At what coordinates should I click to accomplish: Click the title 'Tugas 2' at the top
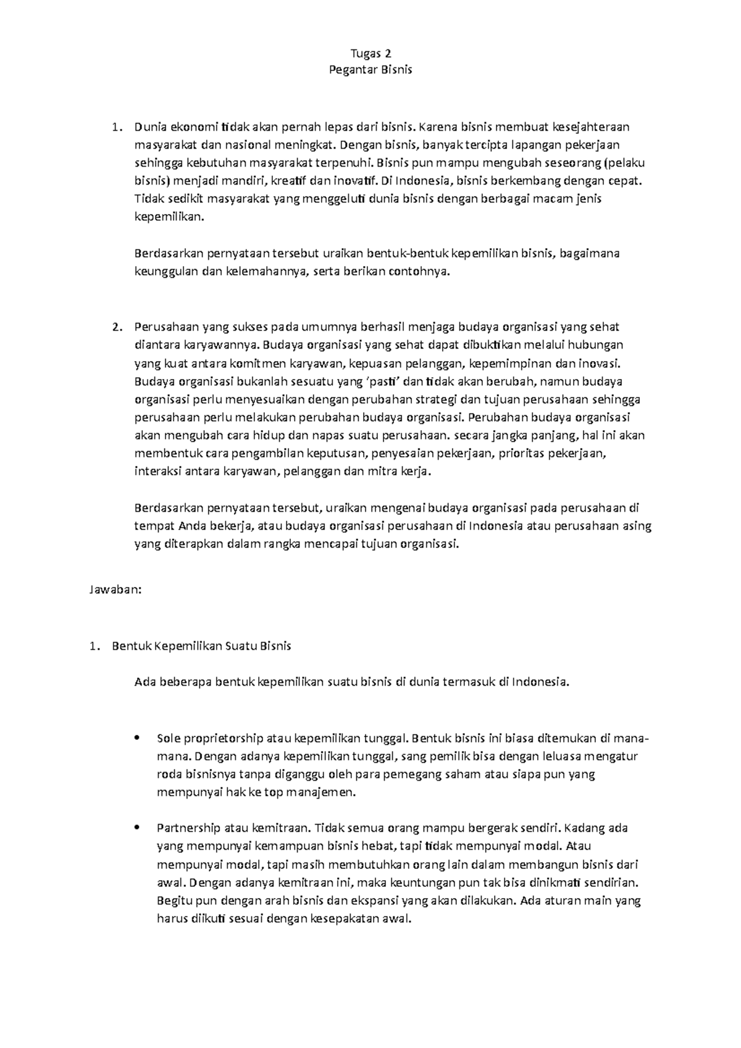371,53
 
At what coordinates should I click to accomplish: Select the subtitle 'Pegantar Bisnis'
371,70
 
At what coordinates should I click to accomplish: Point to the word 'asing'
638,526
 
